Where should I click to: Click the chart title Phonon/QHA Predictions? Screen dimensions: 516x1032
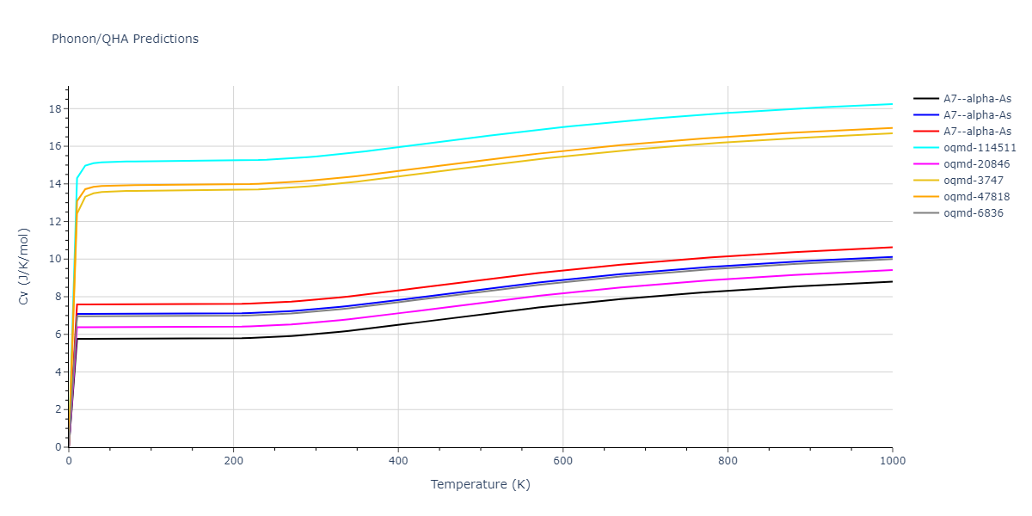pos(125,39)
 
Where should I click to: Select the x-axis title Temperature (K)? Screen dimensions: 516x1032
pos(480,484)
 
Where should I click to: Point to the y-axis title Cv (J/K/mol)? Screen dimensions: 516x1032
pos(24,267)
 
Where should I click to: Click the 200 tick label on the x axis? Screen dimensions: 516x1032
pos(233,461)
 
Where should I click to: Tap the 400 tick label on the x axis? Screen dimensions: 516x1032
pos(398,461)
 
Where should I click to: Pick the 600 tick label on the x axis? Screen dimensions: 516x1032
pos(562,461)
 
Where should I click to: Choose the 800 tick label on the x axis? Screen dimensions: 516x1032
pos(728,461)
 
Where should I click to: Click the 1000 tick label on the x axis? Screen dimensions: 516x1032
pos(892,461)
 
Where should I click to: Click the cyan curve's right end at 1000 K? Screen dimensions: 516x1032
pos(892,104)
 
